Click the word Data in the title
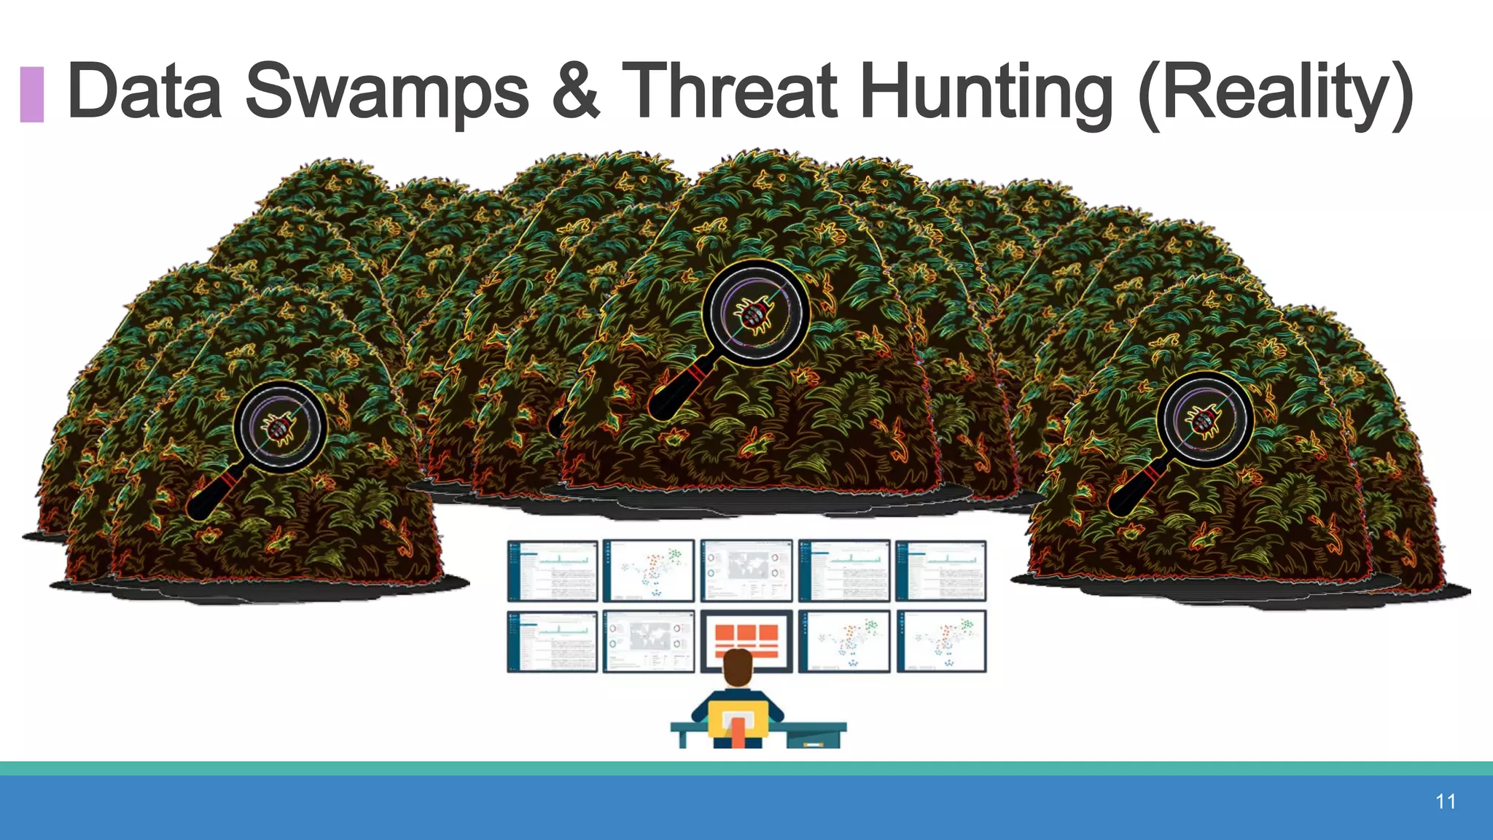pyautogui.click(x=144, y=90)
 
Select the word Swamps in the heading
pyautogui.click(x=386, y=90)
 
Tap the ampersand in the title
pyautogui.click(x=577, y=90)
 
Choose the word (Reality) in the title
pyautogui.click(x=1275, y=90)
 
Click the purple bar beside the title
pyautogui.click(x=31, y=94)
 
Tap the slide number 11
pyautogui.click(x=1446, y=802)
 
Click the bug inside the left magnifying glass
pyautogui.click(x=280, y=427)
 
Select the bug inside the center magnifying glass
pyautogui.click(x=755, y=314)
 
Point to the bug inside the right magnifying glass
pyautogui.click(x=1204, y=420)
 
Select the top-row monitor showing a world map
pyautogui.click(x=746, y=571)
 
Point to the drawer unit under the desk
pyautogui.click(x=813, y=739)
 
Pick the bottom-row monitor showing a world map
pyautogui.click(x=649, y=641)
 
